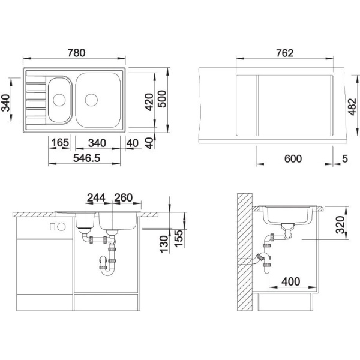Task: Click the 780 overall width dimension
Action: coord(76,53)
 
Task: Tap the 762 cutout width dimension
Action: coord(284,53)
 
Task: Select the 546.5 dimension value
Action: coord(87,158)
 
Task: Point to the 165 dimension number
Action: coord(60,143)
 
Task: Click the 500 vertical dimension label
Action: coord(163,99)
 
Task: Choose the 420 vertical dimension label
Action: coord(149,102)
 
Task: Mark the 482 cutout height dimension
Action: coord(352,107)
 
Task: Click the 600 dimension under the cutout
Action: coord(293,158)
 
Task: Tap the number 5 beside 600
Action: coord(345,158)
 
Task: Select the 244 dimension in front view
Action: coord(96,197)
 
